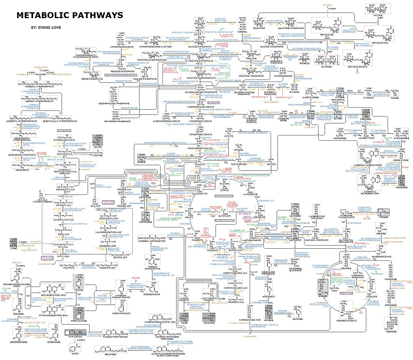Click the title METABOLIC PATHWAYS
[69, 16]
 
